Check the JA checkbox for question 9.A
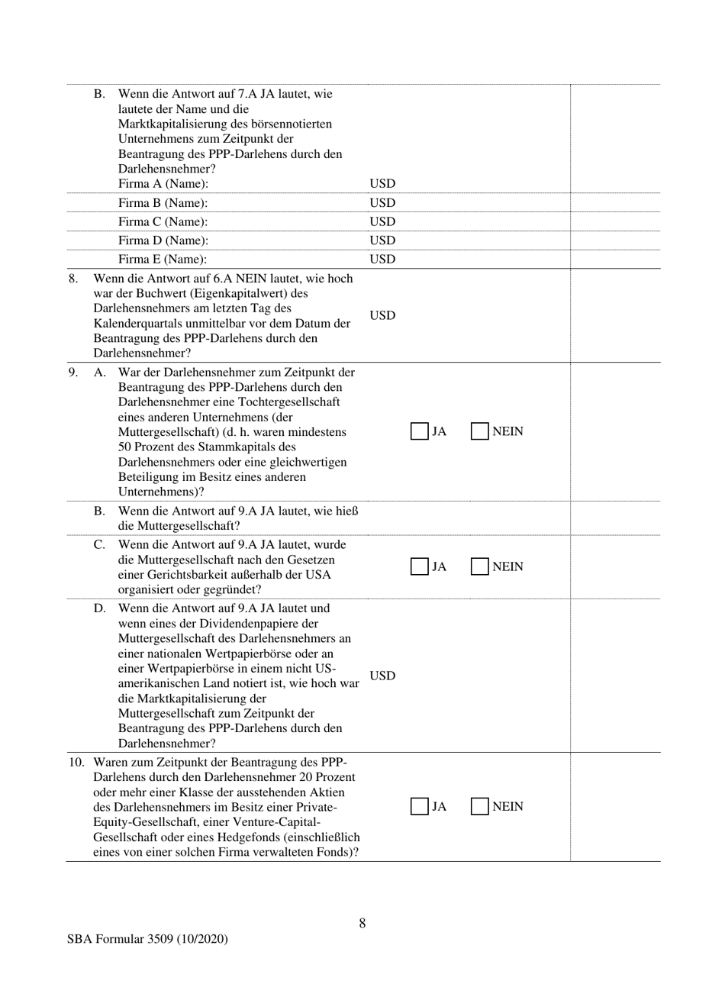click(x=419, y=431)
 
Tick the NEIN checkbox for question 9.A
click(x=479, y=431)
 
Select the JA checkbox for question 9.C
click(x=419, y=566)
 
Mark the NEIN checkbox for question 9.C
click(x=479, y=566)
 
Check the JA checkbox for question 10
click(x=419, y=807)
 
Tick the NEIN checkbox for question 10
click(x=479, y=807)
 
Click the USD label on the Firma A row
click(x=382, y=184)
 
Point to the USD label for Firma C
click(x=382, y=222)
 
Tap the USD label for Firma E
click(x=382, y=260)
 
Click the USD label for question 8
click(x=382, y=316)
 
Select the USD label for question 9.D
click(x=382, y=676)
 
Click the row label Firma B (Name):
click(x=163, y=203)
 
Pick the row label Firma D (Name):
click(x=163, y=241)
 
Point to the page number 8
click(x=362, y=923)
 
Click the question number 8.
click(x=73, y=279)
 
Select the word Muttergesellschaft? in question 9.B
click(x=179, y=526)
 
